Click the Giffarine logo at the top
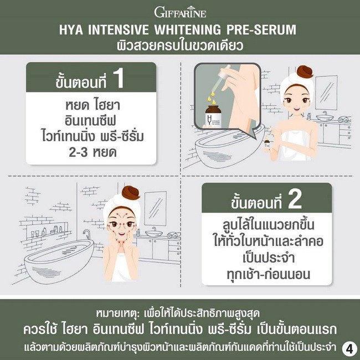point(180,12)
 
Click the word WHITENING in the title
point(187,30)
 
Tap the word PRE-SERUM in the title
point(261,30)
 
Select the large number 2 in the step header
point(295,199)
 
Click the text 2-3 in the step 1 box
point(78,152)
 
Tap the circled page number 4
point(349,349)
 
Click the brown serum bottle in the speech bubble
point(214,116)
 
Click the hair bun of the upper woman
point(305,71)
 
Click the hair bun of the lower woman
point(130,192)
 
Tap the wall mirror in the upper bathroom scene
point(326,92)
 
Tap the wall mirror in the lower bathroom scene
point(155,208)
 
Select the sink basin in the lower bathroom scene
point(153,234)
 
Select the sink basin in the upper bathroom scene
point(325,117)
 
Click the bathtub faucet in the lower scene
point(87,234)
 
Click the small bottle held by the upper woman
point(267,142)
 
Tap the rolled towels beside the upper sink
point(344,119)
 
